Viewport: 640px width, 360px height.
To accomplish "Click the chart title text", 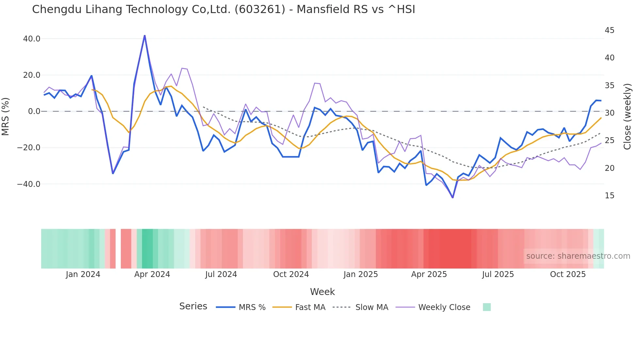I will coord(223,9).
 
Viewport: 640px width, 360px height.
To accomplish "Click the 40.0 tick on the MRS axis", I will coord(32,39).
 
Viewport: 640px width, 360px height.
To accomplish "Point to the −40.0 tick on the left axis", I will coord(29,184).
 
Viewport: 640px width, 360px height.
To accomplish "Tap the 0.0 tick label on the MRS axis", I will coord(34,111).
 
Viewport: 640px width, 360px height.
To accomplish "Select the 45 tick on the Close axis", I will coord(609,30).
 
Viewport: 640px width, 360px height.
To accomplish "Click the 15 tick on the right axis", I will coord(609,196).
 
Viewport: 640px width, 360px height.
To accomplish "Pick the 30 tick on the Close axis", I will coord(609,113).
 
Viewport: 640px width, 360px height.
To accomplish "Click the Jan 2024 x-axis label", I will coord(83,274).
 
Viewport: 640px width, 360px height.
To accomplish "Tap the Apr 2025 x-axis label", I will coord(429,274).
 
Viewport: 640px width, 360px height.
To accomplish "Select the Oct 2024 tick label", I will coord(291,274).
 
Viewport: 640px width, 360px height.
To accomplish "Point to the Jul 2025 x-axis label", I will coord(498,274).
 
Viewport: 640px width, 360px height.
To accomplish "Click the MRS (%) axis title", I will coord(6,116).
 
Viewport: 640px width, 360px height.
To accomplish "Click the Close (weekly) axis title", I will coord(627,116).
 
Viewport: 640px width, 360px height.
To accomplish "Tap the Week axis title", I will coord(322,292).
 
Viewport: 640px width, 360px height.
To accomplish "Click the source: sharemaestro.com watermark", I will coord(578,256).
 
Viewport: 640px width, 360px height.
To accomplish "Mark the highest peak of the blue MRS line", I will coord(145,36).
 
